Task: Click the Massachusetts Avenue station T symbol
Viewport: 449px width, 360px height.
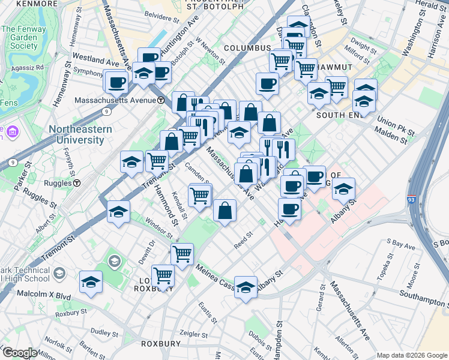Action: tap(161, 100)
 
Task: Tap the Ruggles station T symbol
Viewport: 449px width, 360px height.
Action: tap(77, 182)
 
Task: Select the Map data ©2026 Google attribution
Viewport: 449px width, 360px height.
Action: tap(411, 355)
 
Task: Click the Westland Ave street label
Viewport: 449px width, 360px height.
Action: tap(95, 59)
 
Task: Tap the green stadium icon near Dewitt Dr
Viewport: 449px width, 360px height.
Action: tap(113, 261)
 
